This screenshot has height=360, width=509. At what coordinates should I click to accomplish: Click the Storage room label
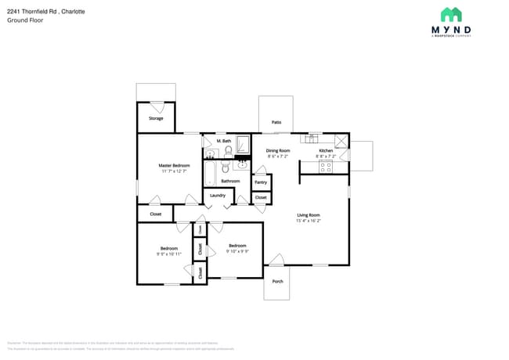pos(156,118)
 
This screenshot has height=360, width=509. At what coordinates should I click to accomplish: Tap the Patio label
pos(276,123)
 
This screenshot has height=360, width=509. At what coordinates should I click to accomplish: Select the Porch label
pos(277,281)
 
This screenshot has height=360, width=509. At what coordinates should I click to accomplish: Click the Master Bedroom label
pos(174,165)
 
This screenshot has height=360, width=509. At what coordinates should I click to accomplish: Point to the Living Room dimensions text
pos(308,221)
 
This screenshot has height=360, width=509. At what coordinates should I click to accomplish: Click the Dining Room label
pos(278,150)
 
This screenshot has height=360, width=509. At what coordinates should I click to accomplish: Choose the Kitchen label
pos(326,150)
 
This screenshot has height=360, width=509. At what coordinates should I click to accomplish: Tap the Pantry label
pos(261,182)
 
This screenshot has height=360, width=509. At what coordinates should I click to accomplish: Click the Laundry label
pos(218,195)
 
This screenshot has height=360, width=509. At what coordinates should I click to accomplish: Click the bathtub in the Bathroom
pos(210,171)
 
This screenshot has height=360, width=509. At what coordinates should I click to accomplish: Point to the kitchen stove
pos(326,166)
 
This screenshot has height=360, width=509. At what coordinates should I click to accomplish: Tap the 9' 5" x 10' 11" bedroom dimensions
pos(168,254)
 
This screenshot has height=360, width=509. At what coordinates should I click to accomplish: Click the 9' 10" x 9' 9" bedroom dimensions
pos(238,251)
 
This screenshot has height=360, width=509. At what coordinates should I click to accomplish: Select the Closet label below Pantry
pos(261,198)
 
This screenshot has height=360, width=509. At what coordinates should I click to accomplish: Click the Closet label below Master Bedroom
pos(155,213)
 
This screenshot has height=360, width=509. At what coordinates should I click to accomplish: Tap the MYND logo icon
pos(451,14)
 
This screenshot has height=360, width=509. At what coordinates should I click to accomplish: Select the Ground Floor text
pos(25,20)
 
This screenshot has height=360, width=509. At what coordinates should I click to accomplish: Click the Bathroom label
pos(230,181)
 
